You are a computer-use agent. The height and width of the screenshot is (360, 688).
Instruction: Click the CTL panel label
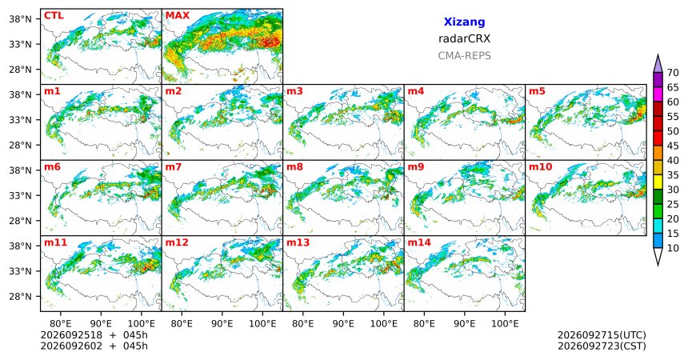click(54, 16)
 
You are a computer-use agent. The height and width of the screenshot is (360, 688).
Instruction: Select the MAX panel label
click(178, 16)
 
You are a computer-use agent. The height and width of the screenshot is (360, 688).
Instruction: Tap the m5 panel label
click(537, 91)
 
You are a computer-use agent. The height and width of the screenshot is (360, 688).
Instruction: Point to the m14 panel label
click(419, 242)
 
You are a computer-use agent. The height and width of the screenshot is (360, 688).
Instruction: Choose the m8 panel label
click(295, 167)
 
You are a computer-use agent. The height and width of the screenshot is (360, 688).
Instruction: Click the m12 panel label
click(177, 242)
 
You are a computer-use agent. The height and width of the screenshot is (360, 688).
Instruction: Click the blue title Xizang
click(464, 22)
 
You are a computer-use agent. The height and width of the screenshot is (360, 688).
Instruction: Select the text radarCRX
click(464, 38)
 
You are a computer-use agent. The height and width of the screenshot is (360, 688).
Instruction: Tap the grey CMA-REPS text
click(464, 56)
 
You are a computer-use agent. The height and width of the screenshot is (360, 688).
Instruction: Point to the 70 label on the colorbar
click(673, 73)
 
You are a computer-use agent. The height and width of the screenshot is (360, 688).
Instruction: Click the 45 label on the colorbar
click(673, 146)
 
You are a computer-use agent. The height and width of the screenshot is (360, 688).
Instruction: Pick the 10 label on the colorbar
click(673, 248)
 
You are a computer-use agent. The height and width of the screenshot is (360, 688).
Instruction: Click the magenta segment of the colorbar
click(658, 94)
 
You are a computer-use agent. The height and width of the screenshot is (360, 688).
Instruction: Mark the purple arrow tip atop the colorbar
click(658, 55)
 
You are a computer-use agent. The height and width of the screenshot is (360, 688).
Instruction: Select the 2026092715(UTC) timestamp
click(602, 335)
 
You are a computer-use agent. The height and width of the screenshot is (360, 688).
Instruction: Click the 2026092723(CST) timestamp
click(602, 346)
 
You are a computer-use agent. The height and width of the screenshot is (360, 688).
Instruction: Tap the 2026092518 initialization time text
click(71, 335)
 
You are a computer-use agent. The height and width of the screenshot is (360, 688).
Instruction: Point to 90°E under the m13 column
click(343, 324)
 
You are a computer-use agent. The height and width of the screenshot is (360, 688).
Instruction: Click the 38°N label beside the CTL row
click(21, 19)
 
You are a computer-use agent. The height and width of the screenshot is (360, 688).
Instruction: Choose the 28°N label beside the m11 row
click(21, 296)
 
